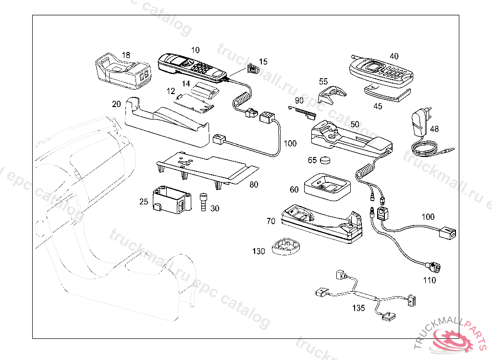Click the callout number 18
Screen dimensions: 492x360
coord(126,55)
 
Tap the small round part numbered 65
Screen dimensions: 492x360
coord(325,160)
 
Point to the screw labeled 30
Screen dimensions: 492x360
coord(203,202)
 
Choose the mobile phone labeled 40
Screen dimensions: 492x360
coord(381,72)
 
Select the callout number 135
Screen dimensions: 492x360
coord(358,308)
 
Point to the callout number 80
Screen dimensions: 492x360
coord(254,184)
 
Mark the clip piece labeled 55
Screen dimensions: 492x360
coord(332,95)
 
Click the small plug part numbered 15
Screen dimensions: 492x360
coord(253,69)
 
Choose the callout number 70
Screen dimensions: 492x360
coord(271,221)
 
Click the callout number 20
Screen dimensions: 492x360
coord(116,104)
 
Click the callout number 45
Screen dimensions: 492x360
coord(378,106)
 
